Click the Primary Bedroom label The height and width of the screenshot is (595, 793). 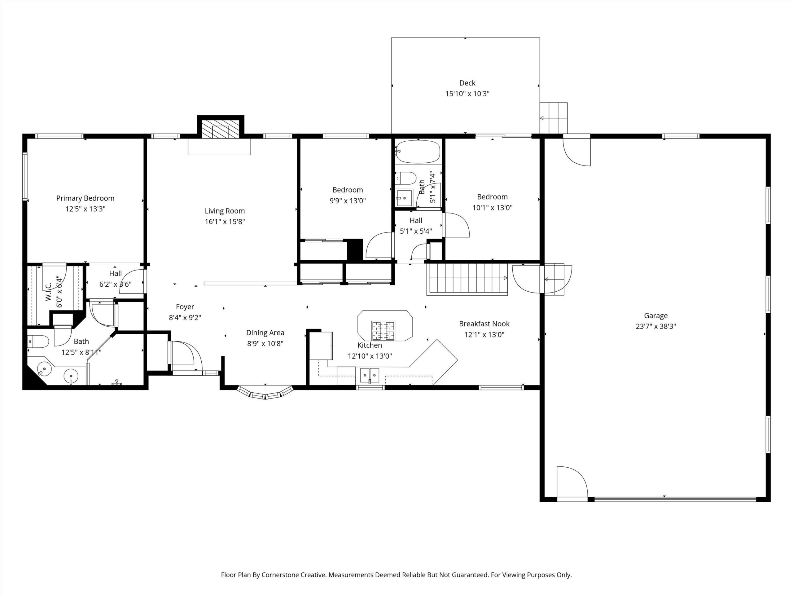(85, 198)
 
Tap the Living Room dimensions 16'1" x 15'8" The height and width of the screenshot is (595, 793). (225, 222)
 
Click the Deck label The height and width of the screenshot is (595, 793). (467, 83)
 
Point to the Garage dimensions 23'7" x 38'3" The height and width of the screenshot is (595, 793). (656, 326)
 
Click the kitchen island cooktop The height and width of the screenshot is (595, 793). (383, 330)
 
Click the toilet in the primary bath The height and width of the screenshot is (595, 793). (38, 342)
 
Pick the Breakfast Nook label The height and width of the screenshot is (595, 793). (484, 324)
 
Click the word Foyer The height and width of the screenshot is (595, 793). (185, 307)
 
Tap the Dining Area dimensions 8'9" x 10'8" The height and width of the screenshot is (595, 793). (265, 344)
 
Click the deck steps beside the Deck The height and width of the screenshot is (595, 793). (554, 118)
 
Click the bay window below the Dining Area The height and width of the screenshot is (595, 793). (265, 393)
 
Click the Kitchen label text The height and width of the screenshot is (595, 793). (370, 346)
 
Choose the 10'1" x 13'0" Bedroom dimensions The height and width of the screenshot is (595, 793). (492, 208)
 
